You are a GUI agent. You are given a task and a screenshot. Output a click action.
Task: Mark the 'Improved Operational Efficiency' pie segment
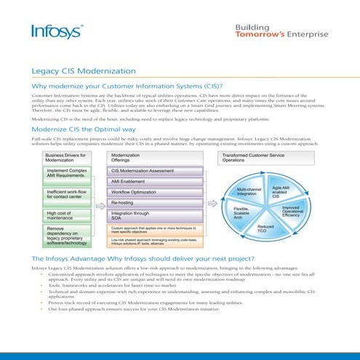pyautogui.click(x=290, y=212)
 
